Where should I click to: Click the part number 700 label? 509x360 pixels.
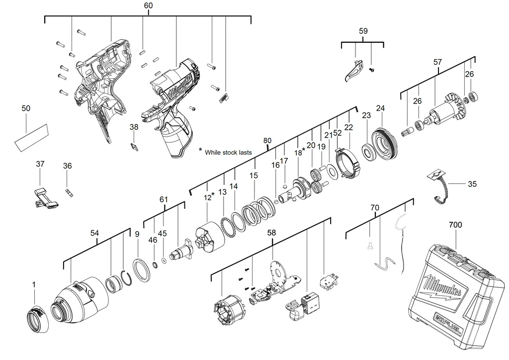pyautogui.click(x=455, y=225)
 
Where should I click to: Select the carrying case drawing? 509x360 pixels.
pyautogui.click(x=455, y=293)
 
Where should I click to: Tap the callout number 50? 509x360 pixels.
pyautogui.click(x=26, y=108)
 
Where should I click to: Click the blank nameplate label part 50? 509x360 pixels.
pyautogui.click(x=31, y=137)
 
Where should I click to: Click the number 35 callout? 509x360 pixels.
pyautogui.click(x=472, y=184)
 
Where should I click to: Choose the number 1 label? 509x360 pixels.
pyautogui.click(x=34, y=284)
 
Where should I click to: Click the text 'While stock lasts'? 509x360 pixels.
pyautogui.click(x=228, y=153)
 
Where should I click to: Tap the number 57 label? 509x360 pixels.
pyautogui.click(x=437, y=62)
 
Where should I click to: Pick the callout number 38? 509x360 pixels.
pyautogui.click(x=134, y=127)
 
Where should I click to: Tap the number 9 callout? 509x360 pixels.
pyautogui.click(x=137, y=234)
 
